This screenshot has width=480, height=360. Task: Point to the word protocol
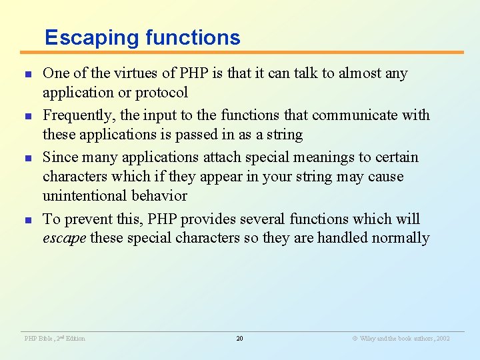point(163,92)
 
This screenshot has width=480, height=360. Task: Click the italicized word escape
point(64,238)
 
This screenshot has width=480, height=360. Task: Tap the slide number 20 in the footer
point(239,339)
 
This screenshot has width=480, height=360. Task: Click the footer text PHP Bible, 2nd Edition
point(55,339)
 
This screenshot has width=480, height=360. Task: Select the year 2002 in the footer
point(442,339)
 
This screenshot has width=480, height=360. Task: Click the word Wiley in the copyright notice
point(367,339)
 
